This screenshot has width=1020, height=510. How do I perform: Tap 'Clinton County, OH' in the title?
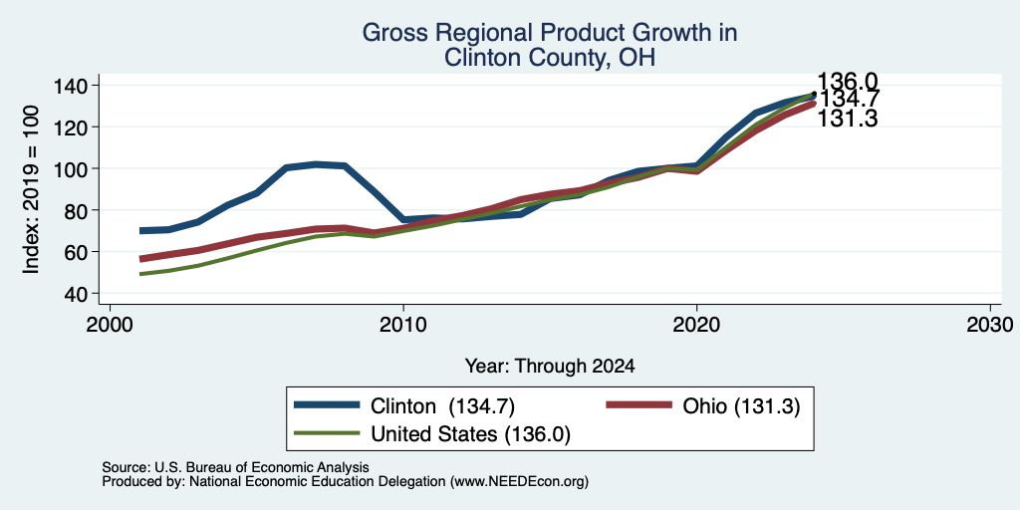point(549,58)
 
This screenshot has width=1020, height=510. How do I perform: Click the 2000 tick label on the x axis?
point(110,324)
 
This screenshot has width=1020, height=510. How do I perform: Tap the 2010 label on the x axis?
point(403,324)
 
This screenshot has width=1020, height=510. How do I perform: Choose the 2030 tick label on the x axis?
point(990,324)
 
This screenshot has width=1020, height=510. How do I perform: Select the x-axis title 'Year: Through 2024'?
point(550,367)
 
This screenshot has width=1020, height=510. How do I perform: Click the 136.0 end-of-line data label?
point(847,82)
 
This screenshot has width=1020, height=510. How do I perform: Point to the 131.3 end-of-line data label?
point(847,120)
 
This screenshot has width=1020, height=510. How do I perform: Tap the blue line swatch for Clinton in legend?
point(327,405)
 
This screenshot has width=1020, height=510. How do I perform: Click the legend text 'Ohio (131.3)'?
point(741,406)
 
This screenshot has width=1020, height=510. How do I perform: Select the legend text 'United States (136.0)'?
point(470,434)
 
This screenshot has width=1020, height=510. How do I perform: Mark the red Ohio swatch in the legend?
point(638,405)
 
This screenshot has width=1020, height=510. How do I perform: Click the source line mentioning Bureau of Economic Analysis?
point(235,467)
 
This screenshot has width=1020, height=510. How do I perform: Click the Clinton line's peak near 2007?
point(316,164)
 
